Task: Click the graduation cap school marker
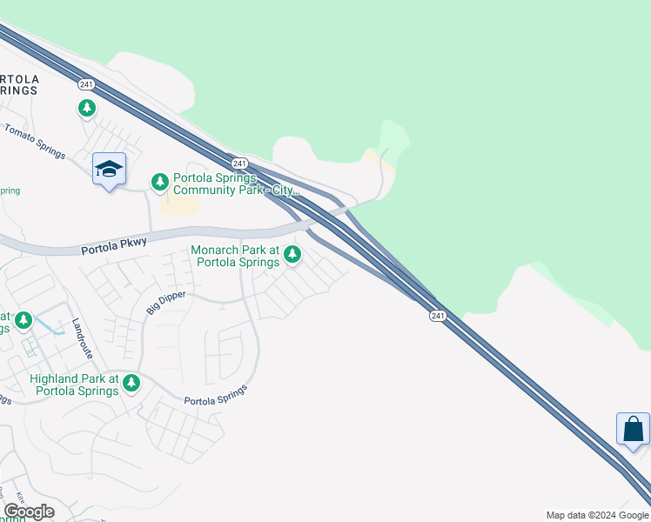click(x=109, y=170)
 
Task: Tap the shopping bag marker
click(x=633, y=429)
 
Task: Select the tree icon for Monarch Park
click(x=292, y=254)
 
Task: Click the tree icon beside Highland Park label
click(x=131, y=382)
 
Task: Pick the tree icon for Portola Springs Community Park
click(x=159, y=182)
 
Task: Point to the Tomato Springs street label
click(x=35, y=141)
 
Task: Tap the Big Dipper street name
click(x=165, y=302)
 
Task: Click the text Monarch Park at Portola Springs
click(x=235, y=256)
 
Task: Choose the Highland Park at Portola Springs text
click(x=74, y=385)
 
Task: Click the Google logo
click(x=29, y=512)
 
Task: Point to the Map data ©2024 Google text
click(x=597, y=515)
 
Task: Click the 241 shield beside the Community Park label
click(x=241, y=164)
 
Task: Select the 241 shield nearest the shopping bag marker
click(x=438, y=316)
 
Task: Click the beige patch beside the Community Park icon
click(x=179, y=204)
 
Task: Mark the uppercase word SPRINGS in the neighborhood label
click(x=19, y=90)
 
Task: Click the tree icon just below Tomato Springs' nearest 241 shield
click(x=86, y=108)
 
